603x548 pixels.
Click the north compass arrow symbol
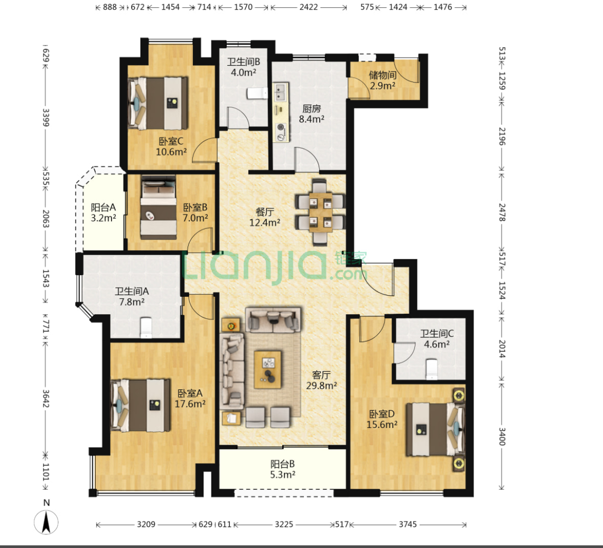46,522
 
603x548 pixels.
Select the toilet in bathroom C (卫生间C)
432,369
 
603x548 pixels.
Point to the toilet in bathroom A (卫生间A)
146,327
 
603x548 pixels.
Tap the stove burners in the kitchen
282,131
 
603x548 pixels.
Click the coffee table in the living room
268,369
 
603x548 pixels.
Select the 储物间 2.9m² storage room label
383,80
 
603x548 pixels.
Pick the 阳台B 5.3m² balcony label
283,469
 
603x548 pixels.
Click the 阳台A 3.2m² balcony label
104,213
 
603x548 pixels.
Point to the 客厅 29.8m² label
321,380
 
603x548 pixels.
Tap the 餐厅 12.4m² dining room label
265,217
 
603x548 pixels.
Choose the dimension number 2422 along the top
309,7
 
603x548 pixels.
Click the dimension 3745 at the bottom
407,524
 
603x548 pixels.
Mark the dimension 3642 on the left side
46,399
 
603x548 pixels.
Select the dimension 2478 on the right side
502,212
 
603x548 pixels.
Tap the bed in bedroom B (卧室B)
159,208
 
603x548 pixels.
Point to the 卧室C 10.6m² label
171,147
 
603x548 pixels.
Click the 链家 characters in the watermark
350,258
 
